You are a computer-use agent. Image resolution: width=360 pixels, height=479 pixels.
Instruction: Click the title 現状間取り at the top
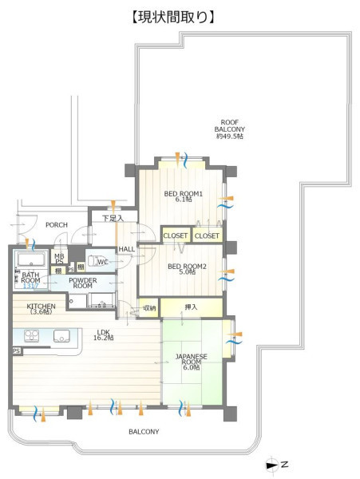[173, 18]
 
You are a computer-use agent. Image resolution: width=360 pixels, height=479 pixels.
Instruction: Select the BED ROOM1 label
[184, 196]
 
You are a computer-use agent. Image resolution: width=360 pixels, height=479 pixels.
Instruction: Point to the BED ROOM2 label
[187, 269]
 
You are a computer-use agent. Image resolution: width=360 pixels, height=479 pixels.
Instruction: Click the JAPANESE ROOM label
[191, 362]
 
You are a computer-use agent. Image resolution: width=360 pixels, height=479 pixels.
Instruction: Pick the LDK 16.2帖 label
[104, 335]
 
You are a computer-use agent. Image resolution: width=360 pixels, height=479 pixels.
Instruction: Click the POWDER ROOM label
[83, 283]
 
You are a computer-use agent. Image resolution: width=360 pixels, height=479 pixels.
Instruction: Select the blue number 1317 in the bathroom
[31, 287]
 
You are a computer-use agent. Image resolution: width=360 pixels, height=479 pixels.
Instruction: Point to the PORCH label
[57, 225]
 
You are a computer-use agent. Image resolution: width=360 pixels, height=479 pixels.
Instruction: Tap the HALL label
[127, 249]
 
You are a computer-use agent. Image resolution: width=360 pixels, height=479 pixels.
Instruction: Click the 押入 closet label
[191, 307]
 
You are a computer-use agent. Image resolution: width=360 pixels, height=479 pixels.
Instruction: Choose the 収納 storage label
[149, 307]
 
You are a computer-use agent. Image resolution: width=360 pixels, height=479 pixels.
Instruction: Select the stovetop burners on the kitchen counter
[31, 336]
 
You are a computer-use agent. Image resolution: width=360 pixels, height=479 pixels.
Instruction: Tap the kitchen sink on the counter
[61, 336]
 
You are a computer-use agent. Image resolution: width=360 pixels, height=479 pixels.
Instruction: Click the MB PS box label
[59, 259]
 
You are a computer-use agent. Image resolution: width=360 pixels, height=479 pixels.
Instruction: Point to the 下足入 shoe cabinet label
[113, 218]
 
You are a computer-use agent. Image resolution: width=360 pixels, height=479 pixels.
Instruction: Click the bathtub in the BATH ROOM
[31, 259]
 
